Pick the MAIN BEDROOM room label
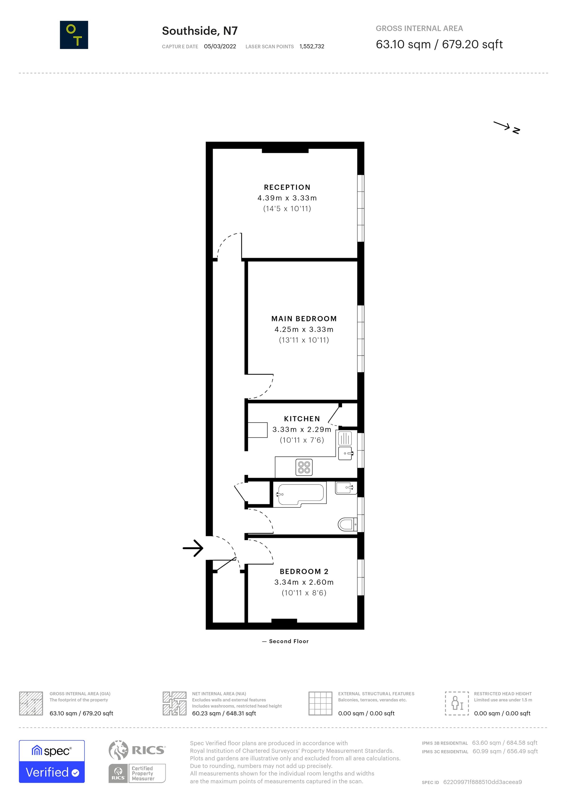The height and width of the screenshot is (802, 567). [x=304, y=319]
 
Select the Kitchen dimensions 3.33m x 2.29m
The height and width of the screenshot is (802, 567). [x=302, y=429]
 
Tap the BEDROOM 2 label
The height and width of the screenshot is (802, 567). [x=304, y=571]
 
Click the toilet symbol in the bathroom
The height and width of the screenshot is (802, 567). [x=347, y=524]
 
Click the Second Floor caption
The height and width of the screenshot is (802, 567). [x=288, y=641]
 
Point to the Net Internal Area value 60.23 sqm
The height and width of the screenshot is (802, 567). [x=224, y=713]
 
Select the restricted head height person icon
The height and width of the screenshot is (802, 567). [x=457, y=703]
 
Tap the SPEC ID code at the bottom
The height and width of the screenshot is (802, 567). [x=482, y=782]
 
